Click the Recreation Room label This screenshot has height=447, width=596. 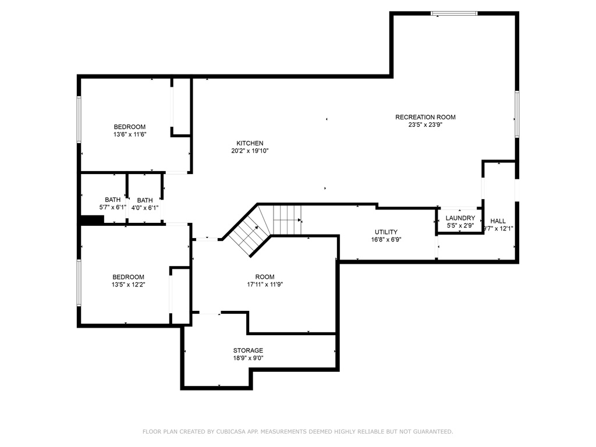pos(425,117)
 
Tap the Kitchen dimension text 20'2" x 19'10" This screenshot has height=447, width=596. pos(250,151)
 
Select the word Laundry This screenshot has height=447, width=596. pos(460,218)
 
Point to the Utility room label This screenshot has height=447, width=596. pos(386,232)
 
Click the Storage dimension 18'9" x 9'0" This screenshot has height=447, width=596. pos(248,358)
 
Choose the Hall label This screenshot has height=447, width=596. pos(498,221)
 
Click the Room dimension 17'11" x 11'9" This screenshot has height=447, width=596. pos(265,284)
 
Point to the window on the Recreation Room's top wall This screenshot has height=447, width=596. pos(454,14)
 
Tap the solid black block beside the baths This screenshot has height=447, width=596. pos(93,220)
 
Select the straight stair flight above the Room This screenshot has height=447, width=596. pos(288,220)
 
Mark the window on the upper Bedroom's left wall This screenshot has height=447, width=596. pos(79,119)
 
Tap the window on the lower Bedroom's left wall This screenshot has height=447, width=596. pos(79,282)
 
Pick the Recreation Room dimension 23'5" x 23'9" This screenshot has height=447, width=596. pos(425,125)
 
